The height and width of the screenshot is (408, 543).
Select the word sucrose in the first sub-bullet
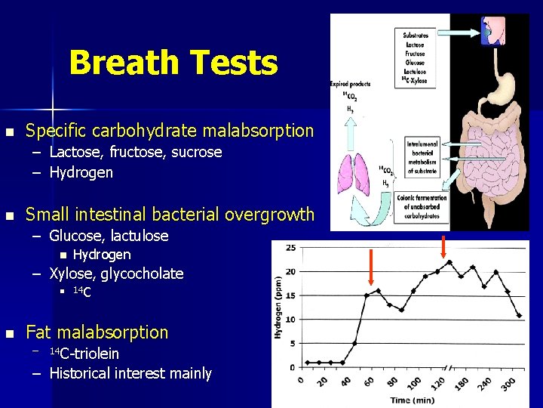(x=197, y=152)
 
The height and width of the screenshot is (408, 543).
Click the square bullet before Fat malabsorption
(x=8, y=333)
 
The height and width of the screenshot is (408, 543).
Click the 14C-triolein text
(x=84, y=354)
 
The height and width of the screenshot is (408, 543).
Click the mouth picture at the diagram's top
(x=493, y=31)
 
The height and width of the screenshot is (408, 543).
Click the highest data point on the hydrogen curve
(x=449, y=261)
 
